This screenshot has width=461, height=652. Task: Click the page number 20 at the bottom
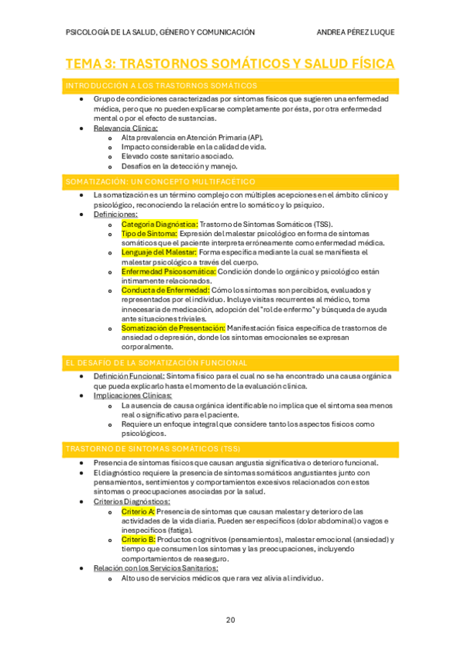[x=230, y=620]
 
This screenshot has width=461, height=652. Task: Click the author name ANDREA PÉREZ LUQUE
[x=356, y=32]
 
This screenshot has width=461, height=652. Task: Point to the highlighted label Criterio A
[x=139, y=511]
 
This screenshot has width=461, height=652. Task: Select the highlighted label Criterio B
[x=139, y=540]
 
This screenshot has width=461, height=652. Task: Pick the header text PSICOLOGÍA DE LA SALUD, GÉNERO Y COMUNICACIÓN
[x=161, y=32]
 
